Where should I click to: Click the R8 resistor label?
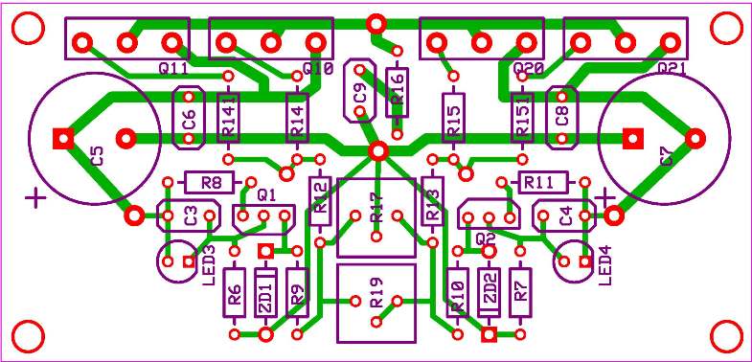[x=212, y=183]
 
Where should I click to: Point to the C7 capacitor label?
[x=667, y=156]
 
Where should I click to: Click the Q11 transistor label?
[x=172, y=69]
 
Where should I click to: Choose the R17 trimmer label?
[x=376, y=208]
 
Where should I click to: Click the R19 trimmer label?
[x=376, y=297]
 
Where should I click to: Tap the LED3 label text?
[x=210, y=262]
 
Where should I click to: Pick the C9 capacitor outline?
[x=359, y=92]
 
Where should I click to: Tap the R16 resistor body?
[x=398, y=92]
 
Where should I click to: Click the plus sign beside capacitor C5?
[x=35, y=198]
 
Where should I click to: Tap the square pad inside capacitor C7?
[x=630, y=138]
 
